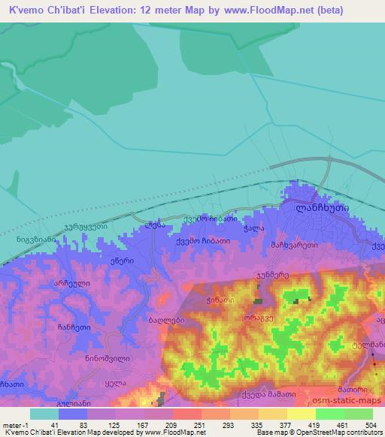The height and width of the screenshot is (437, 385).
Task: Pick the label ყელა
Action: tap(113, 381)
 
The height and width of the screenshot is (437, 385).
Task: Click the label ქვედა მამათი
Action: tap(277, 393)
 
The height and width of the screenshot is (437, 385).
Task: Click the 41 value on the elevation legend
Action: tap(55, 424)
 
